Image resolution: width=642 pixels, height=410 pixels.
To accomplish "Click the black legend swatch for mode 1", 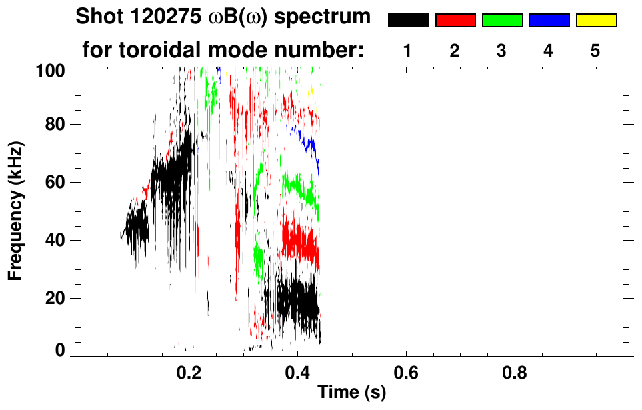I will [x=409, y=21].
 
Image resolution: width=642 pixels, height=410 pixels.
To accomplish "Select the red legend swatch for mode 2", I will [x=455, y=21].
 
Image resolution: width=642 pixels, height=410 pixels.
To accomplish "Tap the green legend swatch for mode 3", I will [x=502, y=21].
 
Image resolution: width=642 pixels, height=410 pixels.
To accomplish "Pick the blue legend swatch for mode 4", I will [x=549, y=21].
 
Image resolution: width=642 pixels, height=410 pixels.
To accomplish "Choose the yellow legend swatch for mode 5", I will [x=595, y=21].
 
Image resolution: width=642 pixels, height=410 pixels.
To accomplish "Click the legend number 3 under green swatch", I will [x=502, y=51].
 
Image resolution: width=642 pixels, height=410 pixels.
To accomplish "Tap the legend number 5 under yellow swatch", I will [x=595, y=51].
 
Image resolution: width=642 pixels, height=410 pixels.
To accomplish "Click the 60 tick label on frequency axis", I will [x=57, y=182].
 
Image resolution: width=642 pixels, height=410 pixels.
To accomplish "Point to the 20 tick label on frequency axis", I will [x=57, y=297].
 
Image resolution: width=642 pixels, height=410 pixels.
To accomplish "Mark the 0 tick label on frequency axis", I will [x=61, y=350].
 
